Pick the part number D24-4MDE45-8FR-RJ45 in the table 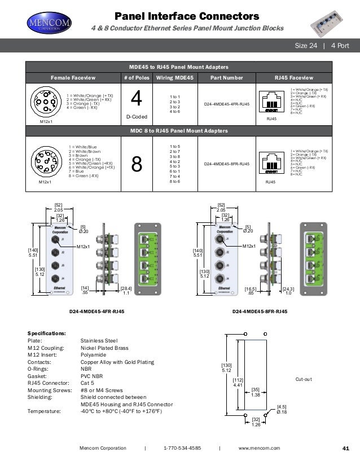click(x=226, y=164)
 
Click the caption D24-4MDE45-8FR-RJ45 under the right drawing click(x=260, y=311)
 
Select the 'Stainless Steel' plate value click(x=99, y=341)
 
